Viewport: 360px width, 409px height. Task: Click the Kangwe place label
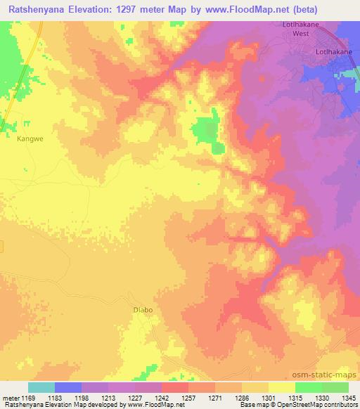point(30,138)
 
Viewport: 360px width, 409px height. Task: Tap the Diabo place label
point(143,309)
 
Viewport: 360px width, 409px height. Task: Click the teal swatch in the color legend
point(41,387)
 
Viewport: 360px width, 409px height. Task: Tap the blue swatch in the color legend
point(68,387)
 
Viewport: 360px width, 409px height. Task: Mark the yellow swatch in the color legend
point(281,387)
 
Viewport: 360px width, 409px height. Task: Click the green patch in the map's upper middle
point(208,131)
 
